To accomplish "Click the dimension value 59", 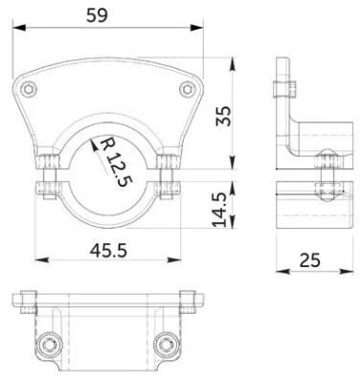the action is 98,15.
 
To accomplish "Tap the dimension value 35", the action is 223,117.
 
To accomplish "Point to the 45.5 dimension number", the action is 108,251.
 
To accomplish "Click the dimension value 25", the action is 309,260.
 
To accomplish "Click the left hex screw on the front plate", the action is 29,88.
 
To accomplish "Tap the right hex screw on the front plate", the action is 187,88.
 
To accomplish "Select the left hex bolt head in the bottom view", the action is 50,345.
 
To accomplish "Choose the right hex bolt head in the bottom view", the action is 166,345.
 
